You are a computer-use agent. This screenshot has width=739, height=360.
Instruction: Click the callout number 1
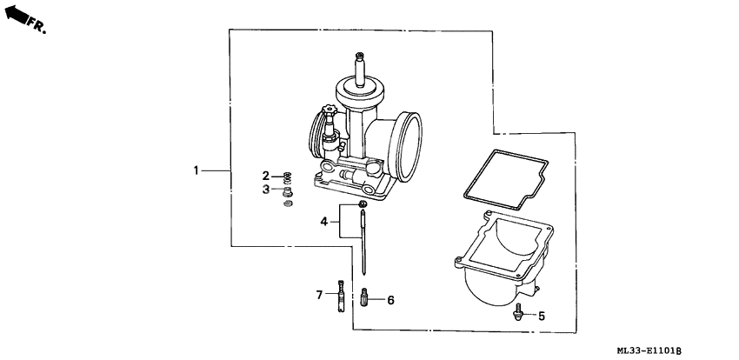point(196,170)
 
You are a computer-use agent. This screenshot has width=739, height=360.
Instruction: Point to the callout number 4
point(323,223)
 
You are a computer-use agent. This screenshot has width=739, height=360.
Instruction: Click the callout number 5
point(541,316)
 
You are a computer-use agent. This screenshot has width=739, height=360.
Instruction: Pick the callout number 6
point(390,300)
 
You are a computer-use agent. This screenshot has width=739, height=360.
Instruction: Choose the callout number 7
point(319,294)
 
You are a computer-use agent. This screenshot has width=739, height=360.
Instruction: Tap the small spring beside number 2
point(287,177)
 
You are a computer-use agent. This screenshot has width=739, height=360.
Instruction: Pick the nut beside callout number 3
point(288,190)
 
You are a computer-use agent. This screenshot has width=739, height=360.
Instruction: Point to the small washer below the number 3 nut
point(289,204)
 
